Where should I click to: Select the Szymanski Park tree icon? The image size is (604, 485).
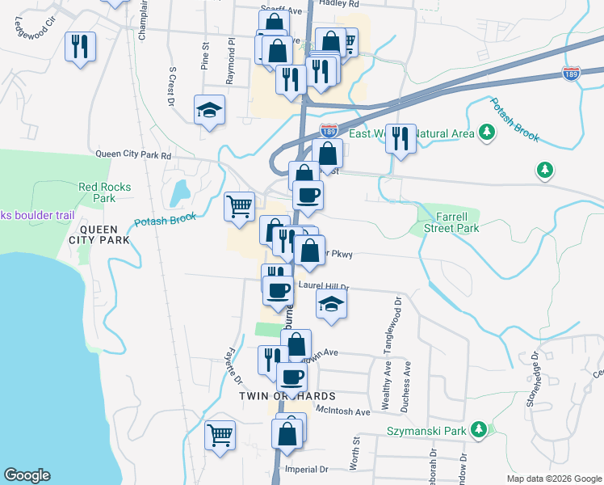point(479,428)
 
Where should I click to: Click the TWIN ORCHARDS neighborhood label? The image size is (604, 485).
point(285,396)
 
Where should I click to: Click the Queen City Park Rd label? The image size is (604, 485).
point(133,154)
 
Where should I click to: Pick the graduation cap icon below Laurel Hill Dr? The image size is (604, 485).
point(331,306)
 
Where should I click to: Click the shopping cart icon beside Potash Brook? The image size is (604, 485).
point(239,205)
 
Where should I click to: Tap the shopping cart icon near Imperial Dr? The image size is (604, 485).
point(220,436)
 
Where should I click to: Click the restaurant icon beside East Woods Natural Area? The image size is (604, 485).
point(400,138)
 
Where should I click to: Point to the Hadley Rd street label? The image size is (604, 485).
point(338,3)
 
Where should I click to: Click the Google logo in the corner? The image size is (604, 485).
point(27,475)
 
